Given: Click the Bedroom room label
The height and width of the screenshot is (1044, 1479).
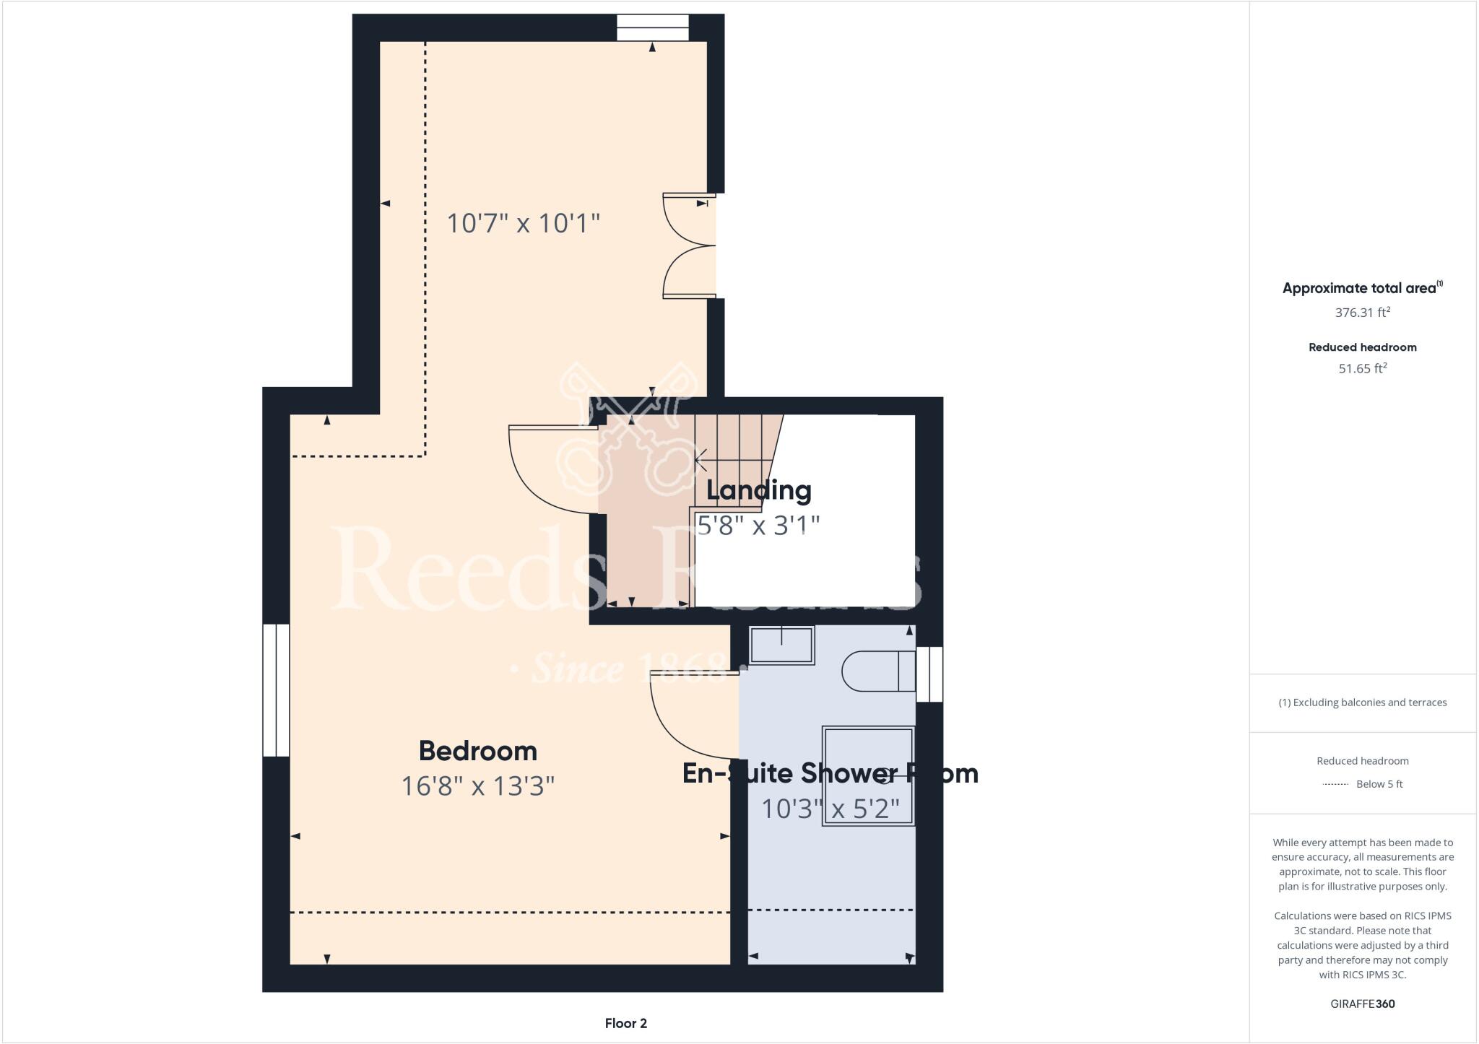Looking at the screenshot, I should pos(477,751).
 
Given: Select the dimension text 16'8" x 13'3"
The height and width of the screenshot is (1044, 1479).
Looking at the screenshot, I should pos(477,786).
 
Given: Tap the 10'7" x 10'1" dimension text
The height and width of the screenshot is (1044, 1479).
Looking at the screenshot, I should pos(523,223).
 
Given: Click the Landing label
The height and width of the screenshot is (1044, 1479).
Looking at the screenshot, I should pos(758,490).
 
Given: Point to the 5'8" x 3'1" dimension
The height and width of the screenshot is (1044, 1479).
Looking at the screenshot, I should pos(758,525).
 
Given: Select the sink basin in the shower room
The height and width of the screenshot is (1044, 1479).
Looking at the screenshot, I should pos(781,645).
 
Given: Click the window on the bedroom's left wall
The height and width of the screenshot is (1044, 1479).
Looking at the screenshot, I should pos(276,690).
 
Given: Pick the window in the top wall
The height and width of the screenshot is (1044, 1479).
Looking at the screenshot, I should pos(652,28).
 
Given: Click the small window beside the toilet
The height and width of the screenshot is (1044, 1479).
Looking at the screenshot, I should pos(929,674).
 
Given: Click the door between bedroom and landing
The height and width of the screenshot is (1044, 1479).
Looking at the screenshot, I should pos(552,469).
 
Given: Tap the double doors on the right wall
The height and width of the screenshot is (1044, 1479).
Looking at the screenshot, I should pos(690,245).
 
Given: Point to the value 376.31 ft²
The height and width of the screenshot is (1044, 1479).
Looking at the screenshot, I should pos(1362,313).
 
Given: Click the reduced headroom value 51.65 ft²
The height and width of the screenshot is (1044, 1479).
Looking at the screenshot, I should pos(1362,368).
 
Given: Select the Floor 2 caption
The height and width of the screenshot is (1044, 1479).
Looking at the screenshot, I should pos(625,1023).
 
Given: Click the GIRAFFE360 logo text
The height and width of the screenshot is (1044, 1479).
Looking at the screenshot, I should pos(1362,1004).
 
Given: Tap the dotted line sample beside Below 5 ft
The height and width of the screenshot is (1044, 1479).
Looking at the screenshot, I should pos(1335,784).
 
